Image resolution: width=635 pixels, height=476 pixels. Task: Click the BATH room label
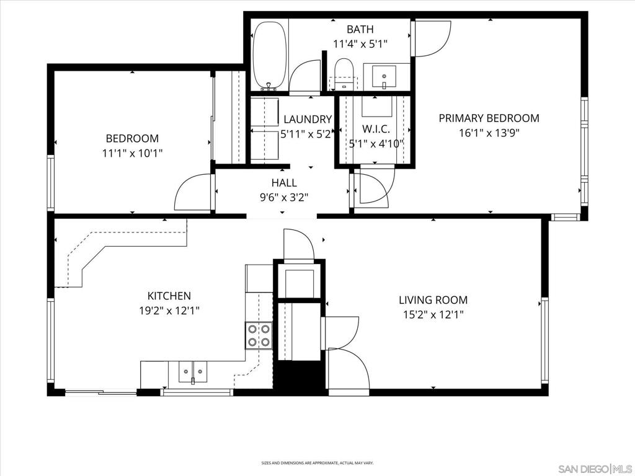[x=360, y=29]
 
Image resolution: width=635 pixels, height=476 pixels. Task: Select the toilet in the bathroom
[x=344, y=74]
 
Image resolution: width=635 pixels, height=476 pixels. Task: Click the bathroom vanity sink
[x=384, y=76]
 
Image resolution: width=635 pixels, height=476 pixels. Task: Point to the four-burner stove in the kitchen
[x=259, y=335]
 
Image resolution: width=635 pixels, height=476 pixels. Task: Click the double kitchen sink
[x=193, y=372]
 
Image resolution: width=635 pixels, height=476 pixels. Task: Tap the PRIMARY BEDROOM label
[x=489, y=118]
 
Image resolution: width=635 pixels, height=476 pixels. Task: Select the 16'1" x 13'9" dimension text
[x=489, y=133]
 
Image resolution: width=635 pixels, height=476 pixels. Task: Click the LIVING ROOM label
[x=433, y=300]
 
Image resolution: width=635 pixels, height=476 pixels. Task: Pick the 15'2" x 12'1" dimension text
[x=433, y=314]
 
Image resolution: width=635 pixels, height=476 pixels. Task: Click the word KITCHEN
[x=169, y=296]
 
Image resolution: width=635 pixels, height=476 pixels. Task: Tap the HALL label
[x=284, y=183]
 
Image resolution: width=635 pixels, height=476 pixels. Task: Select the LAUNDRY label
[x=308, y=120]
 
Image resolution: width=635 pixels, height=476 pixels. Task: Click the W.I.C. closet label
[x=376, y=129]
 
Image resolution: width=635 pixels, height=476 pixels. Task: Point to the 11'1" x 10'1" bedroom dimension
[x=133, y=153]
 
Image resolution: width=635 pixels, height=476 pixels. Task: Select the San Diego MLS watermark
[x=595, y=469]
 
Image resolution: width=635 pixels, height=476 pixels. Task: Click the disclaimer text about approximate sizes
[x=317, y=462]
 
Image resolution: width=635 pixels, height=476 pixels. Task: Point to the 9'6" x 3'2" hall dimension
[x=284, y=198]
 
